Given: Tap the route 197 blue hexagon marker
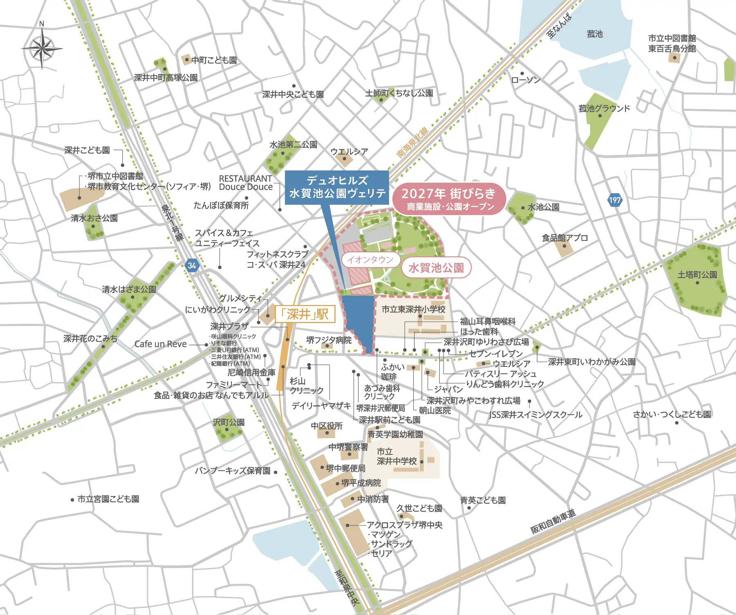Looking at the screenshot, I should pos(615,200).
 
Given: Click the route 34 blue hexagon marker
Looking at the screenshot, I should pos(191,265).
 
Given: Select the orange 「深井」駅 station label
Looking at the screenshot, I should pos(305,314).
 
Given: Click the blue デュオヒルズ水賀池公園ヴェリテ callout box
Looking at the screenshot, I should pos(337,187).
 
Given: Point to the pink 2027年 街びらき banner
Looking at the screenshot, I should pos(449,198).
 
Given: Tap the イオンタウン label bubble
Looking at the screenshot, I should pos(370,260).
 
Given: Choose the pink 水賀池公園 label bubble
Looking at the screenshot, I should pos(436,268).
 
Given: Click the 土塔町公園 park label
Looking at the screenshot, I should pos(697,275).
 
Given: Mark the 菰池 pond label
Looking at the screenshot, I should pos(595,34).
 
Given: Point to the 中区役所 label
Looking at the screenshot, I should pos(326,426).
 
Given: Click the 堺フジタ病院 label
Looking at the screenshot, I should pos(329,340).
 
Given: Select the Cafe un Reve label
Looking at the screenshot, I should pos(160,344).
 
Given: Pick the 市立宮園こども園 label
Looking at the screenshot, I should pos(108,499).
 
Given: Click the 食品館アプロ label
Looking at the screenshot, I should pos(565,238).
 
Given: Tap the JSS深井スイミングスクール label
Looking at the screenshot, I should pos(536,415).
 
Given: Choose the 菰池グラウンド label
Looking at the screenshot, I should pos(604,108).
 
